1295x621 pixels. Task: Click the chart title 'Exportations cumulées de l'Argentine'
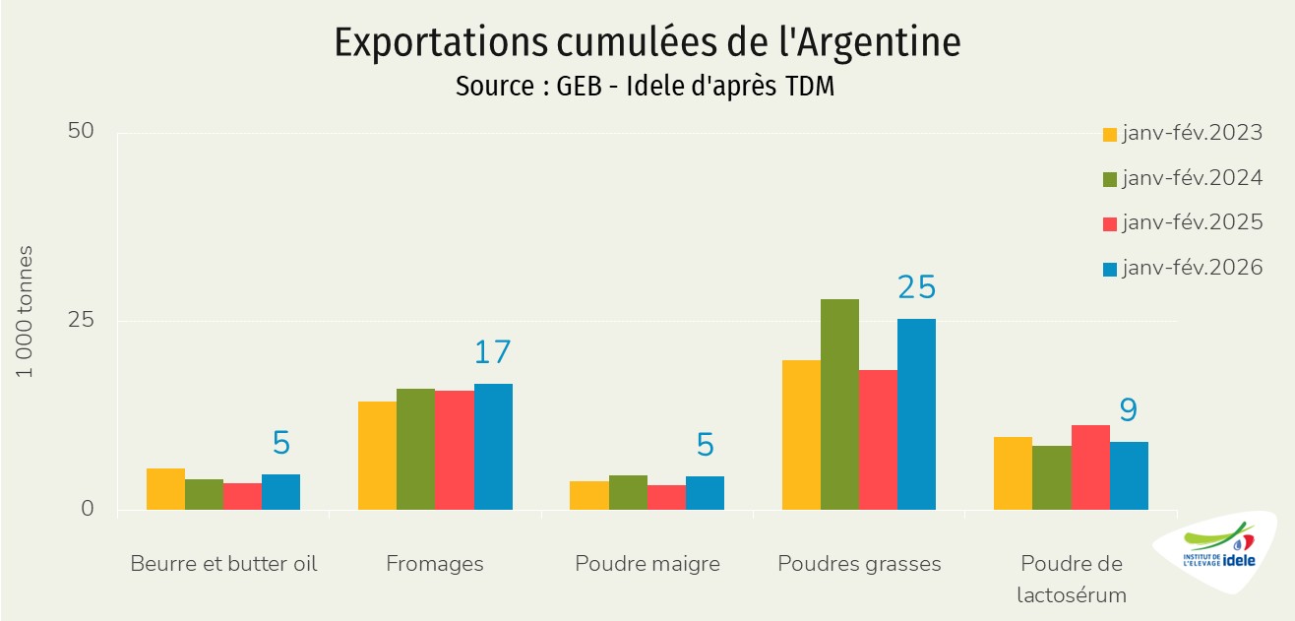(x=647, y=42)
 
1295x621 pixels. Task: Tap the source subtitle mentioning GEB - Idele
(x=645, y=87)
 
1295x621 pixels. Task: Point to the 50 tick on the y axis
(x=81, y=132)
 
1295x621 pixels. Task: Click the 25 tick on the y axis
(x=81, y=321)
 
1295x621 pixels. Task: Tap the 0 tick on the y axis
(x=87, y=509)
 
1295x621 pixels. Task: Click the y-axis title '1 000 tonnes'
(x=26, y=312)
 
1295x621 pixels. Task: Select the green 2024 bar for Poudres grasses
(x=839, y=404)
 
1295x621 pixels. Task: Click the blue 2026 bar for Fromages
(x=493, y=447)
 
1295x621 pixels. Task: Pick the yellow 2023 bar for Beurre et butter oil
(x=165, y=489)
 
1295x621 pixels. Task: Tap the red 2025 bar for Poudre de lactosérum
(x=1090, y=467)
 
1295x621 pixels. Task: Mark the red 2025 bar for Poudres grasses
(x=878, y=440)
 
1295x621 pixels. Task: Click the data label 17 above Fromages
(x=493, y=352)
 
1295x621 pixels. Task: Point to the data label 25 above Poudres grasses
(x=916, y=287)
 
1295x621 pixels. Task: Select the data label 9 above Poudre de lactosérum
(x=1128, y=410)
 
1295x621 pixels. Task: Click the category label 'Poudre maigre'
(x=647, y=564)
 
